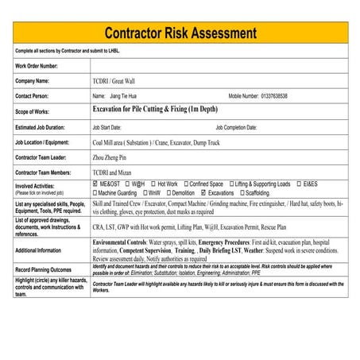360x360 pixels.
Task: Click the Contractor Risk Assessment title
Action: [180, 33]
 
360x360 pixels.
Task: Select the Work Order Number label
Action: [37, 65]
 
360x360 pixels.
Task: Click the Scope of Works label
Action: [33, 111]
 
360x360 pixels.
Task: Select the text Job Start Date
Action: [106, 126]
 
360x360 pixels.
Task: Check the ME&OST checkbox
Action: [95, 184]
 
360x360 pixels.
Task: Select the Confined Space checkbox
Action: [185, 184]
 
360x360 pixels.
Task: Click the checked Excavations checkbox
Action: [204, 192]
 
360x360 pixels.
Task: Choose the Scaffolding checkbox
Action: [242, 192]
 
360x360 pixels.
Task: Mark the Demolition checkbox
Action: [168, 192]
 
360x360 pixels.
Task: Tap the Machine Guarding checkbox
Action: [95, 192]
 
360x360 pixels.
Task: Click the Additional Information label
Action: [37, 250]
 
